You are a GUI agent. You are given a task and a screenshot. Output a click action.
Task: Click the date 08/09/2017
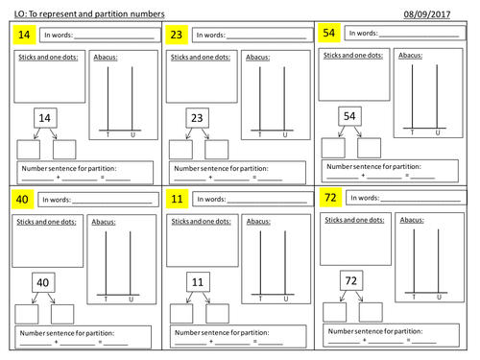(427, 14)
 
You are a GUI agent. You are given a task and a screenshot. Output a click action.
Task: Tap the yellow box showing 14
(24, 35)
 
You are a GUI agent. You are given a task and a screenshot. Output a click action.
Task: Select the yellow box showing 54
(329, 33)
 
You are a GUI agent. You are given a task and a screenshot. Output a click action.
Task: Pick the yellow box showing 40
(22, 200)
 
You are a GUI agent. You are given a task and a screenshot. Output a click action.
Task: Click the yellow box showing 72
(330, 198)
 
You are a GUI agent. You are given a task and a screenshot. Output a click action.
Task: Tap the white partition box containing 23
(197, 118)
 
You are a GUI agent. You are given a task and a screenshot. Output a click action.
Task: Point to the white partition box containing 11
(198, 282)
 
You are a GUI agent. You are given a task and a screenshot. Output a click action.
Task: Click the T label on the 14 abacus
(108, 134)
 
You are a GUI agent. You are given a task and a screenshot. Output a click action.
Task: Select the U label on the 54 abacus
(438, 132)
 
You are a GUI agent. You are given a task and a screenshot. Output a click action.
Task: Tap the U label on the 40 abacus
(131, 300)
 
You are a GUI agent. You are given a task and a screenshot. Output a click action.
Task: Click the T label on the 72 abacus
(414, 297)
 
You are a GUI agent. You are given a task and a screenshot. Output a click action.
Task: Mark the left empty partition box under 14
(29, 150)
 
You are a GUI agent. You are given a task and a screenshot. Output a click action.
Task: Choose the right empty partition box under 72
(371, 312)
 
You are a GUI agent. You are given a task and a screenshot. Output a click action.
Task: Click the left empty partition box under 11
(181, 314)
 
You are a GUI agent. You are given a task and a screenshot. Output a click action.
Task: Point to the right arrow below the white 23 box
(205, 133)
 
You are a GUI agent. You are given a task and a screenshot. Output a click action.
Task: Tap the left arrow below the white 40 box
(35, 298)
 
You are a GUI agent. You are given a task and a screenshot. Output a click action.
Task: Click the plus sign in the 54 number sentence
(363, 176)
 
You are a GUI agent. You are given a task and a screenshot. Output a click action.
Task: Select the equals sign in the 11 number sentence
(255, 342)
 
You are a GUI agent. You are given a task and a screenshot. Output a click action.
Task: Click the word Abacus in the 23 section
(257, 58)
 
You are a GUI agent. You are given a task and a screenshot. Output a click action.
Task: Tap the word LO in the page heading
(19, 14)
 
